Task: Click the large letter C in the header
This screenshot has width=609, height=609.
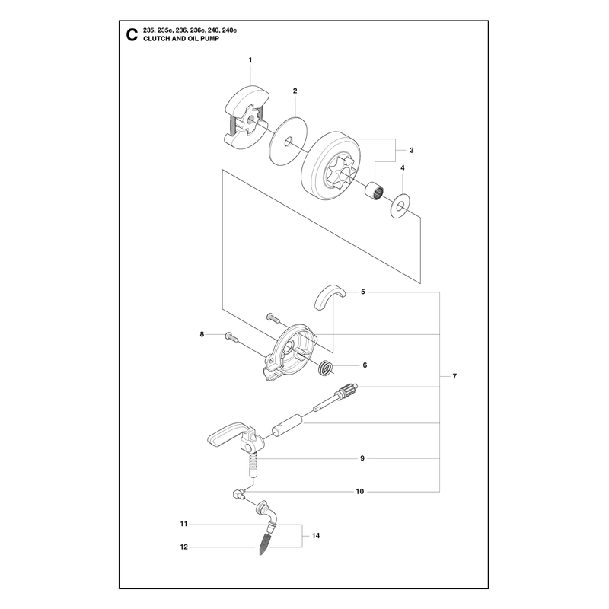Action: [x=132, y=35]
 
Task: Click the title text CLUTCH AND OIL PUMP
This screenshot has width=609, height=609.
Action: [x=181, y=39]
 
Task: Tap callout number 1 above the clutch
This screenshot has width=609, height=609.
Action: [x=250, y=60]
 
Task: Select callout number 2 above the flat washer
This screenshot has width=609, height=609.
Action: [x=295, y=91]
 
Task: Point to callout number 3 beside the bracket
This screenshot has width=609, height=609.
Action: [x=412, y=150]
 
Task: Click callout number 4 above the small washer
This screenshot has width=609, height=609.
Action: [x=403, y=167]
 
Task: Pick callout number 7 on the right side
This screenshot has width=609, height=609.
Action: [x=454, y=376]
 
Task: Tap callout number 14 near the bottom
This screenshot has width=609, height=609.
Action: [x=316, y=536]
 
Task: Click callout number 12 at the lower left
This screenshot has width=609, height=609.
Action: [x=184, y=547]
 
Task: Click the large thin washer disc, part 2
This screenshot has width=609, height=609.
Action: [x=289, y=142]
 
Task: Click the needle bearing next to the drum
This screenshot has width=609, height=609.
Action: [x=375, y=189]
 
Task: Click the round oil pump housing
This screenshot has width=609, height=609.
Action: [x=292, y=352]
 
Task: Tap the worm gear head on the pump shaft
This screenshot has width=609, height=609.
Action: [x=349, y=390]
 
